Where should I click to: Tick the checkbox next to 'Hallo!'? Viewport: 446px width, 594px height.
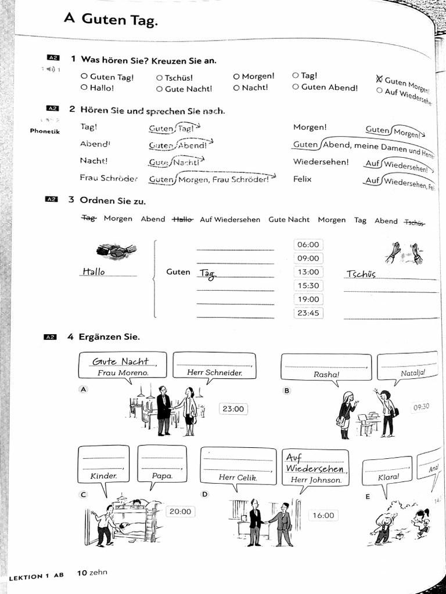click(x=84, y=88)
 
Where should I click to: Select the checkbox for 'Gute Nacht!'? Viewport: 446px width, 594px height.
click(x=159, y=89)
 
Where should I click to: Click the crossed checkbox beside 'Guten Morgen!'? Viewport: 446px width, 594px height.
click(x=379, y=79)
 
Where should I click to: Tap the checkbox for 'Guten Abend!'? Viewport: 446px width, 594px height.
click(x=296, y=87)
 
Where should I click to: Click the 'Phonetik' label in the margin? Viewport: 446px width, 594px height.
click(x=45, y=131)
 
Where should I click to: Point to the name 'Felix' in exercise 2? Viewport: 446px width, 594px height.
click(x=302, y=179)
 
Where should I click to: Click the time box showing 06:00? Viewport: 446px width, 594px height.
click(x=308, y=245)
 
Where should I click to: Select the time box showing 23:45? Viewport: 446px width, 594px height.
click(x=308, y=313)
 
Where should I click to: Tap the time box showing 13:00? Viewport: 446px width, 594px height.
click(x=308, y=272)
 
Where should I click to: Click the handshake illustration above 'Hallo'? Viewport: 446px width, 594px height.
click(x=116, y=251)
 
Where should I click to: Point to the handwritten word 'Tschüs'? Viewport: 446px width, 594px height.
click(x=361, y=274)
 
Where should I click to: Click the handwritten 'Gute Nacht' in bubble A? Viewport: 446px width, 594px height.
click(x=121, y=362)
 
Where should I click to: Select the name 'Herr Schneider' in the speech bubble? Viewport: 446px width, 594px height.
click(x=214, y=373)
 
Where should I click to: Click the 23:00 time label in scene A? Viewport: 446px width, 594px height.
click(x=233, y=409)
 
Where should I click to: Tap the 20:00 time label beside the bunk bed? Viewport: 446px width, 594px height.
click(x=179, y=512)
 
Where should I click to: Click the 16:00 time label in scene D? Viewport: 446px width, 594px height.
click(x=323, y=515)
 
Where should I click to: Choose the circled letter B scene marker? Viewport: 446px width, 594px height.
click(x=286, y=390)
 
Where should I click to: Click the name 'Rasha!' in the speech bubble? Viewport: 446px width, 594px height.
click(x=326, y=375)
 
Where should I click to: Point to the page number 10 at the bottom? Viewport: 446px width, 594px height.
click(x=82, y=573)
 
